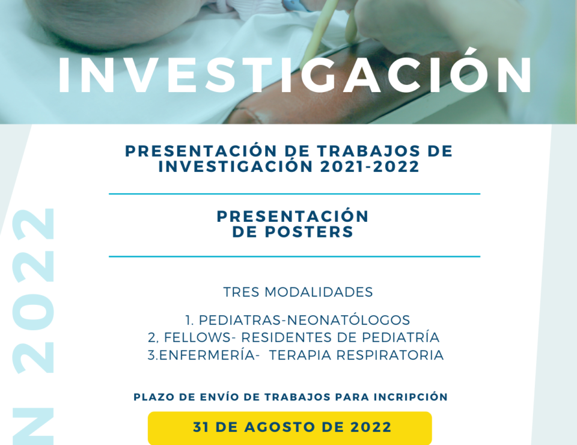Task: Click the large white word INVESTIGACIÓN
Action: click(x=295, y=75)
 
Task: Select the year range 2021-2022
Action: click(x=370, y=167)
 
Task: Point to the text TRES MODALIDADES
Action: click(x=298, y=292)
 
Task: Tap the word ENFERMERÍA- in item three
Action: click(x=207, y=355)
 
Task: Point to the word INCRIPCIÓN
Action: click(x=411, y=397)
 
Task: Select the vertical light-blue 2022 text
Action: click(x=33, y=291)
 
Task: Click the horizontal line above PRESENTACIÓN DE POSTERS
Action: click(x=295, y=194)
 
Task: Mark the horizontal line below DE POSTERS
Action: click(x=295, y=256)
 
